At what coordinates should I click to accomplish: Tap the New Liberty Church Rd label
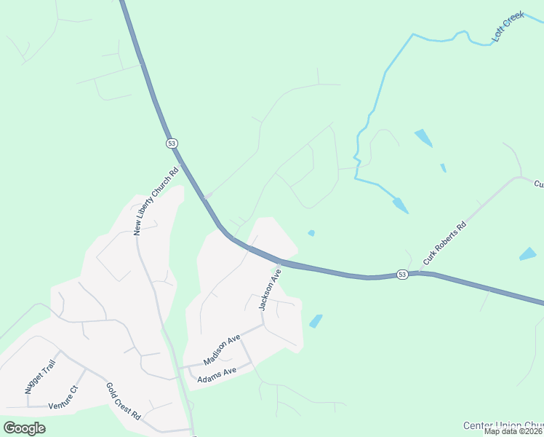click(156, 202)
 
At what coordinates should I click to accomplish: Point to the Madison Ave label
click(222, 350)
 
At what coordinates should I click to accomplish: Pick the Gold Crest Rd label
click(123, 401)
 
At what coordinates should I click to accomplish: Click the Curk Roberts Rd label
click(443, 244)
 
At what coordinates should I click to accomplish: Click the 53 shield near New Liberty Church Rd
click(172, 143)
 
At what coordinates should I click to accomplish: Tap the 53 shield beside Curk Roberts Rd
click(402, 274)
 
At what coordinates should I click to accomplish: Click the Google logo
click(25, 428)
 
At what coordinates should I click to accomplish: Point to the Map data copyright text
click(513, 431)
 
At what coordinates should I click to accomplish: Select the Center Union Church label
click(503, 425)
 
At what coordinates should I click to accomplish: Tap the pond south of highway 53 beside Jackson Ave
click(316, 320)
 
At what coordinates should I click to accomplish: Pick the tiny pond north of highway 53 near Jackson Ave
click(311, 233)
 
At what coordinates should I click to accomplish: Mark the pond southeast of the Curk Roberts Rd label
click(528, 254)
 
